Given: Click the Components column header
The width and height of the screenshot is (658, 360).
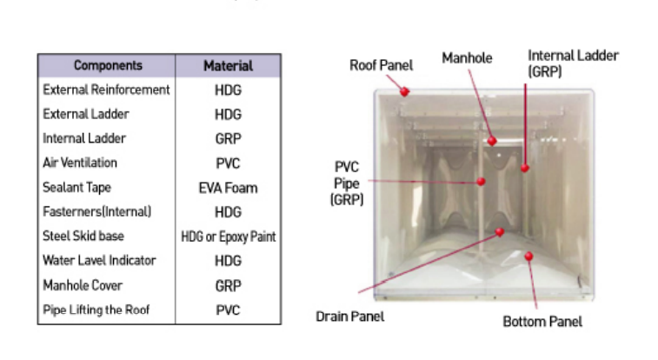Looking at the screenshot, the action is click(108, 65).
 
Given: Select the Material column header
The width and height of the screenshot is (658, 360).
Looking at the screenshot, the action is click(229, 66).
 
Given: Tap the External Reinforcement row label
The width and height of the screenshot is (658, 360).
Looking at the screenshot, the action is click(106, 90).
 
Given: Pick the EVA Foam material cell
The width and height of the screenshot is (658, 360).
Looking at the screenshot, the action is click(228, 188).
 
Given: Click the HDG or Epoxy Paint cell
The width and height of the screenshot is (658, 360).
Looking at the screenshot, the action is click(229, 237).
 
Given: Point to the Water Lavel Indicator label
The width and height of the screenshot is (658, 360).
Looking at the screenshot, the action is click(99, 261).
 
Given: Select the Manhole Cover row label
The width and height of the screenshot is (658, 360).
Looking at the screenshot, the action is click(83, 285).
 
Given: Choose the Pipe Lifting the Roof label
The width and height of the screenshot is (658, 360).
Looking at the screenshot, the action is click(96, 310).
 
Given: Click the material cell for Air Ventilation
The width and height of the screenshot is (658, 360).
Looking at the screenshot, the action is click(228, 163).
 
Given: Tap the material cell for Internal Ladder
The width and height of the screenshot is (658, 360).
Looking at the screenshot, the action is click(228, 139).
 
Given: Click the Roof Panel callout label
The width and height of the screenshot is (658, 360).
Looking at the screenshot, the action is click(381, 65).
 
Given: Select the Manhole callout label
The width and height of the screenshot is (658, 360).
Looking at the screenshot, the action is click(467, 58).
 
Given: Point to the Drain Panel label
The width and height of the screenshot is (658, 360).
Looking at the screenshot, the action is click(350, 317).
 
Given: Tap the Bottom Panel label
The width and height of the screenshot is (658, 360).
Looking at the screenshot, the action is click(542, 322).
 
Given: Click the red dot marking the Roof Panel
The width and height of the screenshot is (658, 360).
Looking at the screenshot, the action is click(404, 91).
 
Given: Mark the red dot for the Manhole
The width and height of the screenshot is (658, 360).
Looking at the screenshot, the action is click(492, 141).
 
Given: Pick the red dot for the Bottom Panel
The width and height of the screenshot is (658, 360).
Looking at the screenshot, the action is click(528, 256).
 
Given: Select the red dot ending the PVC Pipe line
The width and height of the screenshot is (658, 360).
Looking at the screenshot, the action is click(482, 181).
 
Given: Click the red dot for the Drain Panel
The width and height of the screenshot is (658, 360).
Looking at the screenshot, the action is click(500, 231).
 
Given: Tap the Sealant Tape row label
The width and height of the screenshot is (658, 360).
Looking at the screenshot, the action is click(76, 188).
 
